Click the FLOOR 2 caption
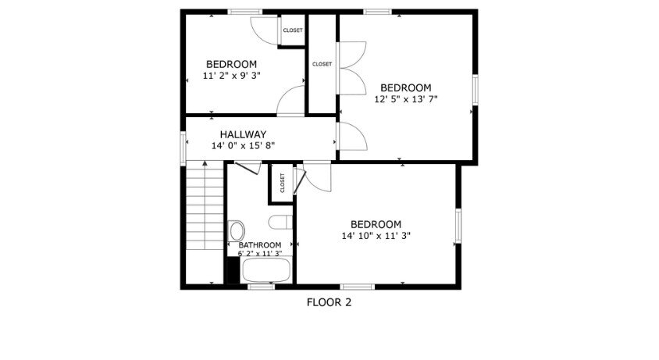(329, 302)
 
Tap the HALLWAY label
(243, 134)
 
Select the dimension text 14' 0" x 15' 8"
(243, 146)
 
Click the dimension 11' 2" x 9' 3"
(232, 76)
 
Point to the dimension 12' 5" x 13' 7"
(406, 99)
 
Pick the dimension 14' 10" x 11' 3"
(376, 236)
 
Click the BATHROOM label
(260, 245)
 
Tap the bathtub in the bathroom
(266, 270)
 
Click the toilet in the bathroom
(280, 222)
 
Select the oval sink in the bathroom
(237, 231)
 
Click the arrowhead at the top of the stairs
(205, 162)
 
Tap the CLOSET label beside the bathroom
(282, 183)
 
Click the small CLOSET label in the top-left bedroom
(293, 30)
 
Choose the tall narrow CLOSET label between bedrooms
(322, 64)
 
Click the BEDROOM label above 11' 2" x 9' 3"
(232, 64)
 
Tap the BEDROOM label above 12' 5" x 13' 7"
(406, 88)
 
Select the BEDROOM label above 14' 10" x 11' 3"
(376, 224)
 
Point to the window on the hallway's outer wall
(183, 148)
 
